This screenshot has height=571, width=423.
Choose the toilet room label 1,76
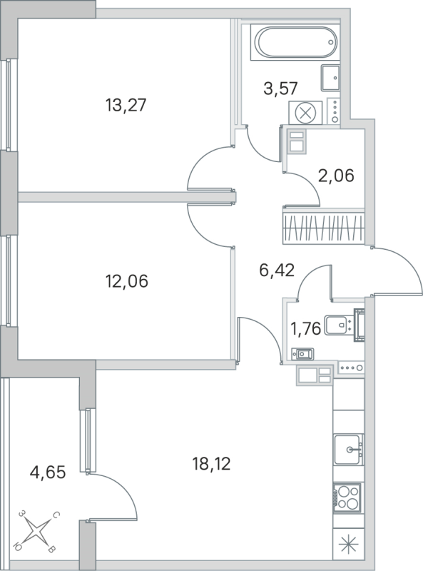(x=304, y=329)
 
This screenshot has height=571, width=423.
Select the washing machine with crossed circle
(x=306, y=113)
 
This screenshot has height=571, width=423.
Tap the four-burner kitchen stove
(x=347, y=497)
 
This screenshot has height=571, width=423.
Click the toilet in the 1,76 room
(x=344, y=325)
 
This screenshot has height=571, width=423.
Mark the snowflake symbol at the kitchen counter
(x=348, y=547)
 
